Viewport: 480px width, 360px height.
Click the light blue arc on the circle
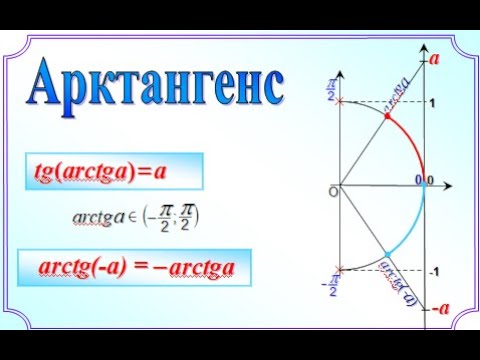tap(412, 232)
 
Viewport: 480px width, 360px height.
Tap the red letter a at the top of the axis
tap(436, 59)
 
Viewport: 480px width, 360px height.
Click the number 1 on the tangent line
tap(432, 103)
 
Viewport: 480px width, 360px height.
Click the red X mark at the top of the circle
tap(342, 102)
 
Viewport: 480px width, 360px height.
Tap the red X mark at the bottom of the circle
tap(342, 269)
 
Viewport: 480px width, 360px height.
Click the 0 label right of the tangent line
tap(430, 180)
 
